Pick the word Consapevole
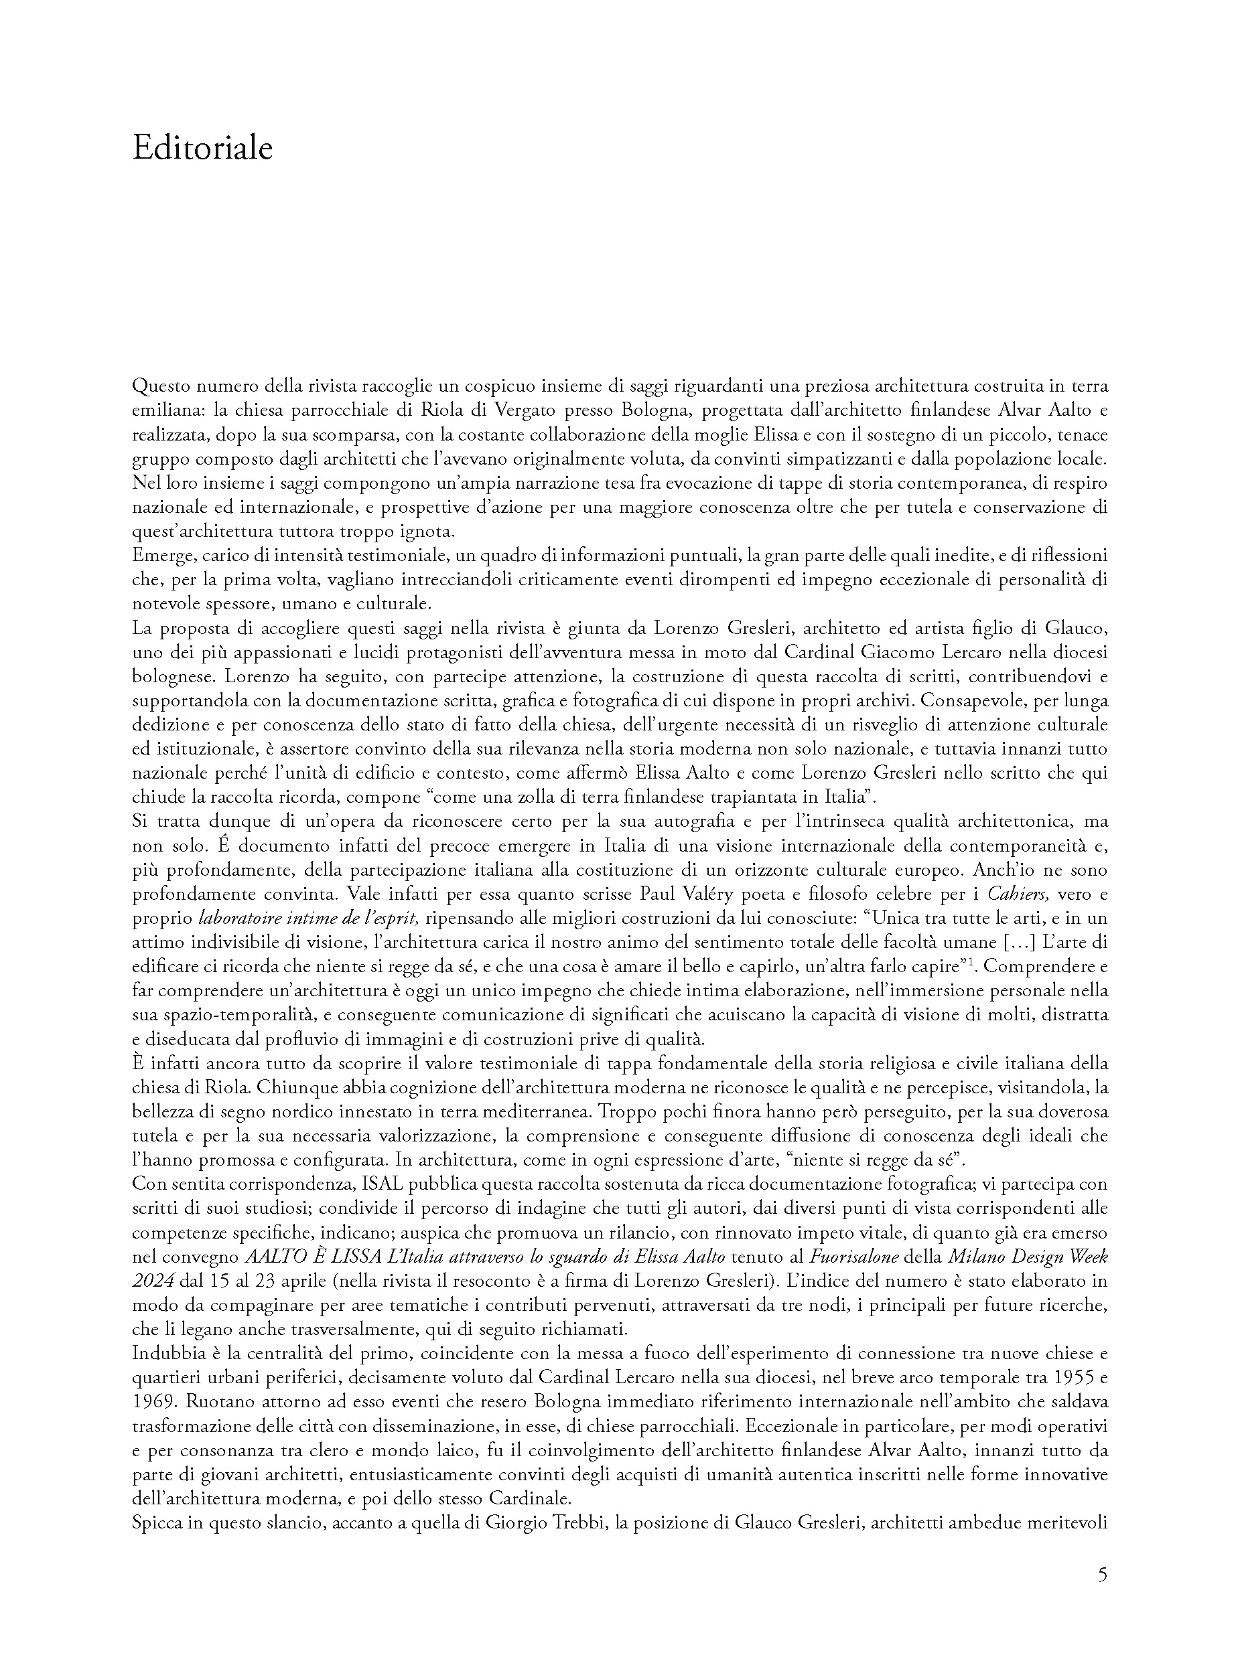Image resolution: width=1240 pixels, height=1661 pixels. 967,701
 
